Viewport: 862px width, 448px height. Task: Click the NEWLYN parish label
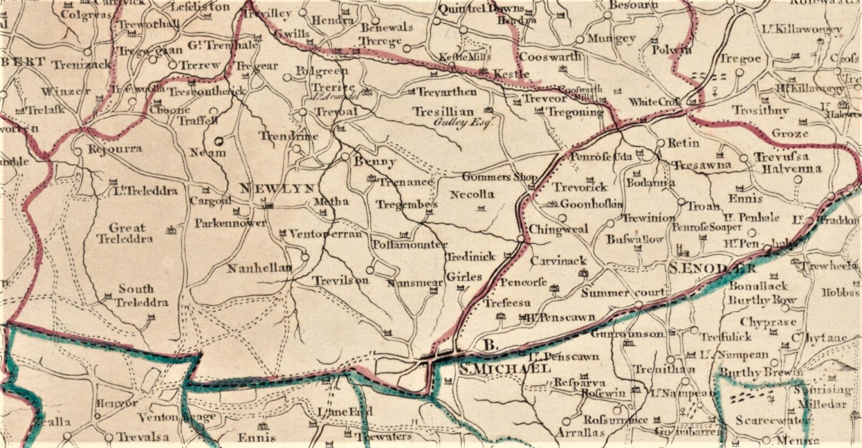277,189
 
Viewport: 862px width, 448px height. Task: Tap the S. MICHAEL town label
505,369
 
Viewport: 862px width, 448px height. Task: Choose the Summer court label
623,293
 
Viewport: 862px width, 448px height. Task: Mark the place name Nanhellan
259,268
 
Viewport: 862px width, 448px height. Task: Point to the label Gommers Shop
500,177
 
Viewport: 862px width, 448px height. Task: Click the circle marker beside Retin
661,143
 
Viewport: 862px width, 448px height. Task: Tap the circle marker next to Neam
219,142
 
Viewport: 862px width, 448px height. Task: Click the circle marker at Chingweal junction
521,238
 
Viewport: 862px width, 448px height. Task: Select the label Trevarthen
447,92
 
